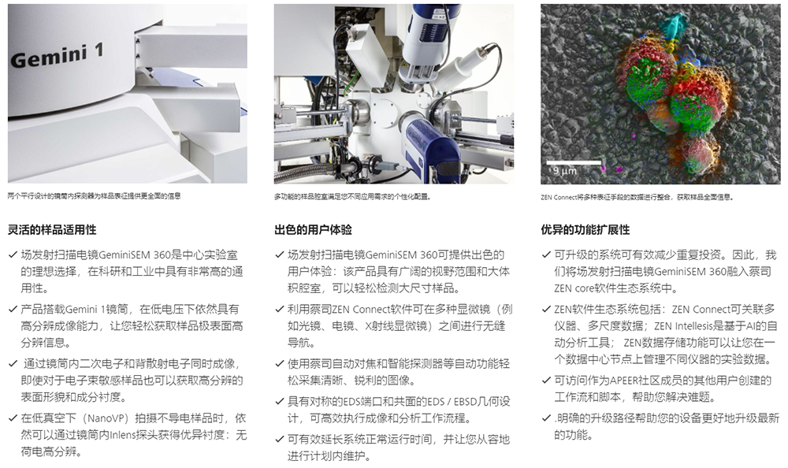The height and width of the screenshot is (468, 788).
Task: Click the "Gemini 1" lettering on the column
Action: pyautogui.click(x=57, y=55)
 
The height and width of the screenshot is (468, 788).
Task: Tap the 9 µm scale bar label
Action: pyautogui.click(x=565, y=171)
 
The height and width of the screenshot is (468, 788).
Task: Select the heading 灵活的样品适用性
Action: pyautogui.click(x=52, y=230)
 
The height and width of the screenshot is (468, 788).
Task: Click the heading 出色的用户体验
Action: pyautogui.click(x=313, y=230)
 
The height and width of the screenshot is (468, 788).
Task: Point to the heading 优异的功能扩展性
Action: pyautogui.click(x=585, y=230)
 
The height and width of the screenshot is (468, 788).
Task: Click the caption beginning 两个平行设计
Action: pyautogui.click(x=94, y=196)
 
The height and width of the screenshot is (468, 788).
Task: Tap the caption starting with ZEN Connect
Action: pyautogui.click(x=637, y=197)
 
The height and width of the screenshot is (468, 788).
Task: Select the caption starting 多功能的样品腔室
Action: pyautogui.click(x=352, y=196)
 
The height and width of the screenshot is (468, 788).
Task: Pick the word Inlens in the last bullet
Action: pyautogui.click(x=123, y=435)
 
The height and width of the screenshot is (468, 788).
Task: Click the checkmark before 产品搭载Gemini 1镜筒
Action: pyautogui.click(x=13, y=309)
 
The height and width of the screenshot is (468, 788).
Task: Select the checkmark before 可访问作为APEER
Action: pyautogui.click(x=546, y=381)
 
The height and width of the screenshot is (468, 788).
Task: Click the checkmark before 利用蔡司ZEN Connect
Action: pyautogui.click(x=280, y=309)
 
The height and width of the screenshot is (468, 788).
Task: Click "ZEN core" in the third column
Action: pyautogui.click(x=574, y=288)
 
